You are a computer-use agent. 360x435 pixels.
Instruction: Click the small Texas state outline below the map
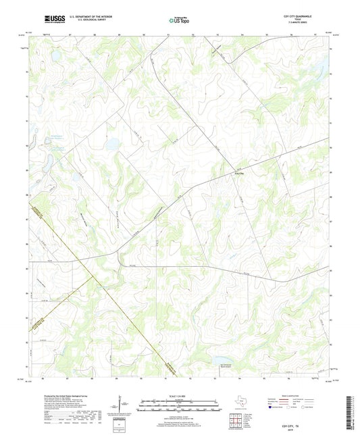pyautogui.click(x=240, y=404)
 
